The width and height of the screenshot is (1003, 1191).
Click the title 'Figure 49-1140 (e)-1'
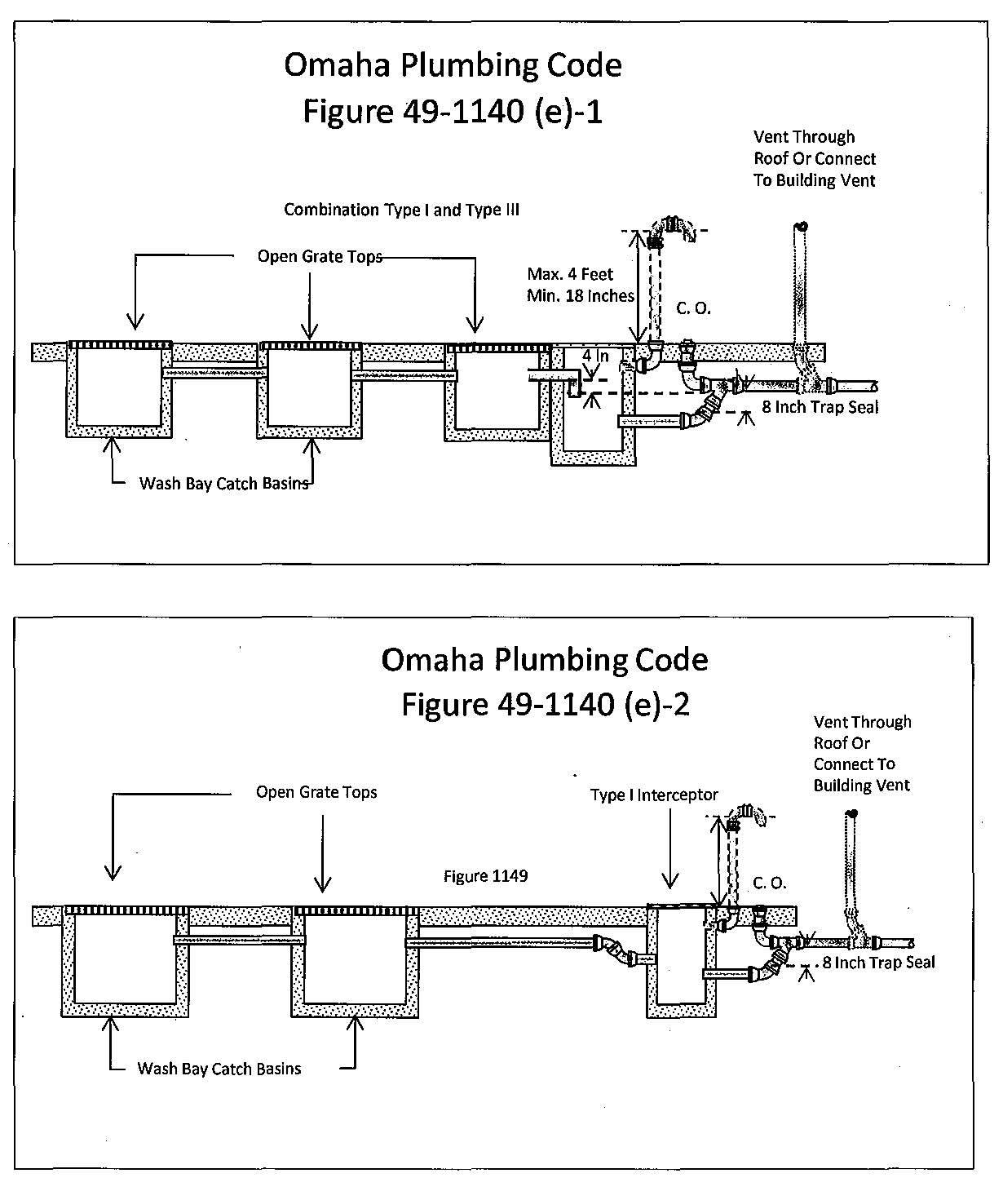click(x=453, y=111)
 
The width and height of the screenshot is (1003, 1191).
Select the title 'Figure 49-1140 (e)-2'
click(x=545, y=704)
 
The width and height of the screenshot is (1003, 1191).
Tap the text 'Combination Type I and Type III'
click(x=401, y=210)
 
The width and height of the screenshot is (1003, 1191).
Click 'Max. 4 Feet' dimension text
click(x=570, y=274)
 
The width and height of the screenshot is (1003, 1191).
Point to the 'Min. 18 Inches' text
click(x=580, y=296)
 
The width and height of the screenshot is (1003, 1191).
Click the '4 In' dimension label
click(x=595, y=356)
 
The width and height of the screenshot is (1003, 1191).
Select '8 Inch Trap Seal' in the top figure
click(x=820, y=406)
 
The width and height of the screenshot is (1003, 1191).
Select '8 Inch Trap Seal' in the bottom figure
click(x=878, y=963)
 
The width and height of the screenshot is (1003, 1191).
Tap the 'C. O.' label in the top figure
click(x=693, y=308)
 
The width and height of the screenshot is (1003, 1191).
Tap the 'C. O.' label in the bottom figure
click(x=769, y=883)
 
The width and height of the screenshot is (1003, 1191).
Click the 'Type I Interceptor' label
click(x=654, y=795)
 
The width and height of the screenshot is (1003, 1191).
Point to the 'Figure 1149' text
click(x=485, y=876)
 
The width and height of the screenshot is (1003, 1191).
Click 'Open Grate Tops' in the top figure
click(x=320, y=256)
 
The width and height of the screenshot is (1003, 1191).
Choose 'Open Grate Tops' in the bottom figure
click(x=316, y=792)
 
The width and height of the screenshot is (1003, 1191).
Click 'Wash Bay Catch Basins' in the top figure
click(x=223, y=483)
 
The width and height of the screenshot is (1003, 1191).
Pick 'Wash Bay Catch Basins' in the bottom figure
click(x=219, y=1069)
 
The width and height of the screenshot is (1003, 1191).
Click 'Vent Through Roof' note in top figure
click(x=814, y=158)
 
